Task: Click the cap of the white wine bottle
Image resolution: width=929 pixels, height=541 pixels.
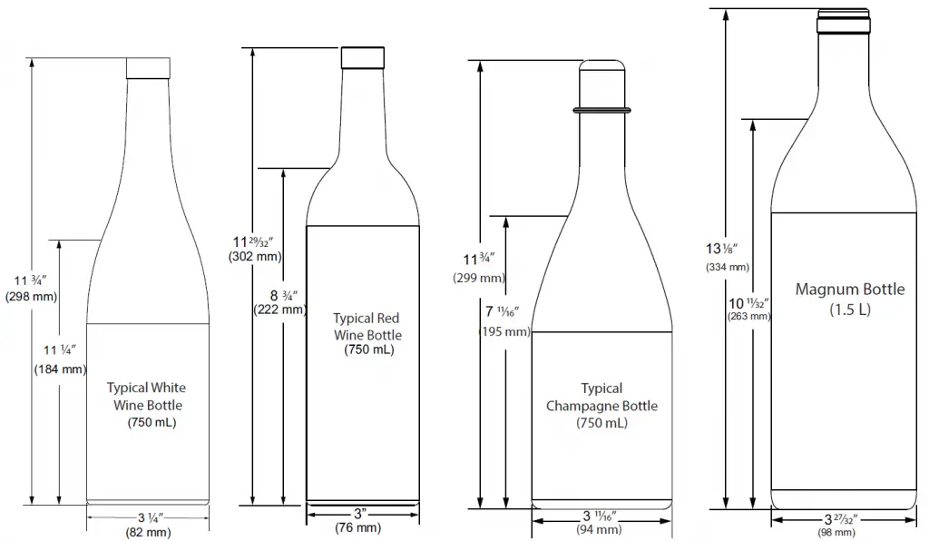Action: tap(148, 68)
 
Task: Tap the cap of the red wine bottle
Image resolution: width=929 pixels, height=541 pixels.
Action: tap(363, 57)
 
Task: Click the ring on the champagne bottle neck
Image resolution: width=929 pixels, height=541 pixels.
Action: tap(602, 110)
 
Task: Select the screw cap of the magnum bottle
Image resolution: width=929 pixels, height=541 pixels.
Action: tap(844, 21)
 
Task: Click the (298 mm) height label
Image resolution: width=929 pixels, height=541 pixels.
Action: tap(32, 296)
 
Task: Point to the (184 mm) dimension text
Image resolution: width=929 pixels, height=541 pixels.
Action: tap(60, 369)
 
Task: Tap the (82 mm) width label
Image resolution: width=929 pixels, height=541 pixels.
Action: tap(148, 532)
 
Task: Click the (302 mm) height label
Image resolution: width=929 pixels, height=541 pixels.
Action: tap(255, 257)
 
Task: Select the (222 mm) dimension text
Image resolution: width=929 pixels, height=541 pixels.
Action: tap(279, 310)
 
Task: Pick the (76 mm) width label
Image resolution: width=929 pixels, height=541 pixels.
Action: tap(357, 526)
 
